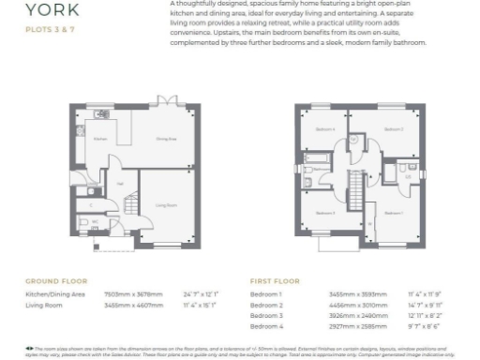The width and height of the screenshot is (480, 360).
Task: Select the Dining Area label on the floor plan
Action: (x=167, y=138)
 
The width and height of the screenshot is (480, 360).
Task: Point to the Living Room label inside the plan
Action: (x=167, y=203)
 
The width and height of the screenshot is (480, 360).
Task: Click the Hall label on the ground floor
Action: (x=121, y=184)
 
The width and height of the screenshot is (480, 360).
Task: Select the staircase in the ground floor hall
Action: (x=130, y=204)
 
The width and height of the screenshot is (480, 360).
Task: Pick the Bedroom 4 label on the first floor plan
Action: (x=324, y=128)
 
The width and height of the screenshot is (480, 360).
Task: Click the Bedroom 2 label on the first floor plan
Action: (x=394, y=128)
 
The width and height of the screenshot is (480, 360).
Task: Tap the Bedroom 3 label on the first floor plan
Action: (x=325, y=213)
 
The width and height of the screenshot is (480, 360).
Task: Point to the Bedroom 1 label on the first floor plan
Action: (x=394, y=213)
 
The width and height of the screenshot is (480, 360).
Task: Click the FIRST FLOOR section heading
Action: (x=276, y=280)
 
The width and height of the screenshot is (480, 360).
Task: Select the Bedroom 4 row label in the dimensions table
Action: (x=267, y=325)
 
